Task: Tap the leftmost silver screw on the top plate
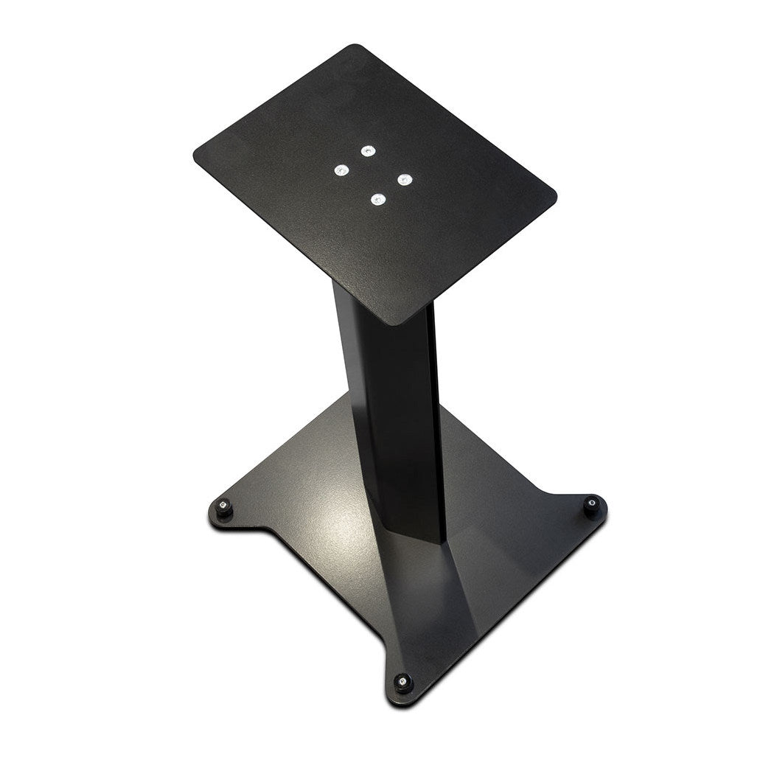click(340, 171)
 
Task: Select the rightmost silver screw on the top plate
click(403, 178)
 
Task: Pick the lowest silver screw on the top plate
click(378, 199)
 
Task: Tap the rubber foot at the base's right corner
click(591, 506)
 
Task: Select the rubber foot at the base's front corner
click(402, 683)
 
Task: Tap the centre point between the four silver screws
click(372, 175)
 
